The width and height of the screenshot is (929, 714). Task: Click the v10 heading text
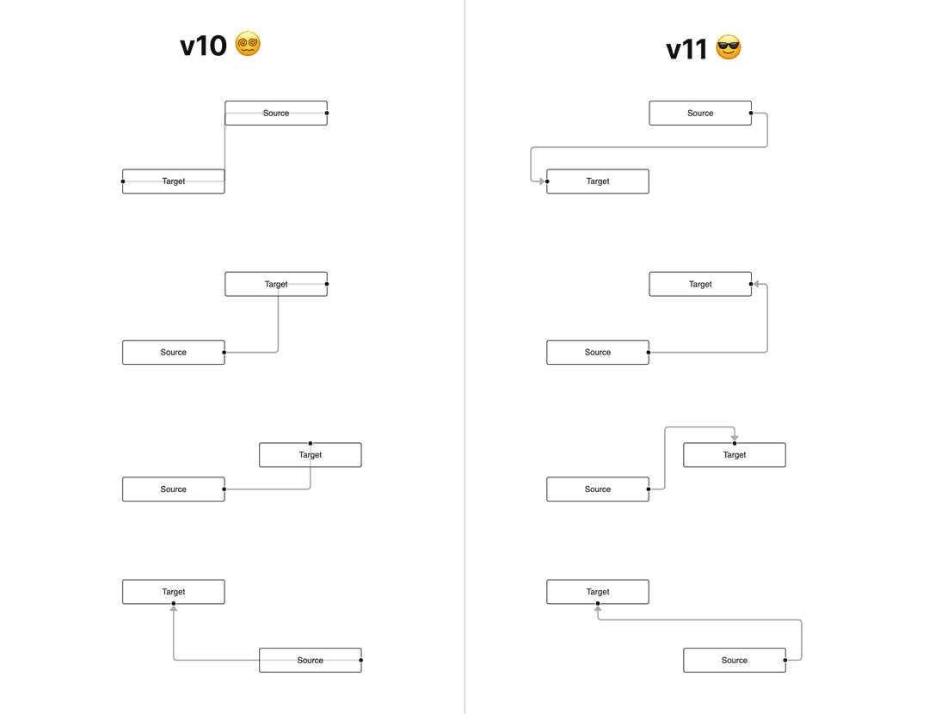coord(203,46)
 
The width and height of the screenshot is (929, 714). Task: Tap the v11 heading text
coord(686,50)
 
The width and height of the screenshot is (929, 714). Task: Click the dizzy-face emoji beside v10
coord(248,44)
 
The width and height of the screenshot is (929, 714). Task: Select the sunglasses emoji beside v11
coord(729,48)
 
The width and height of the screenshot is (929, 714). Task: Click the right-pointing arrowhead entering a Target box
coord(542,182)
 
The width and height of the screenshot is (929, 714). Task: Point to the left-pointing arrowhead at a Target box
coord(756,284)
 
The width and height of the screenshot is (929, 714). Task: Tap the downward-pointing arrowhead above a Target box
coord(735,439)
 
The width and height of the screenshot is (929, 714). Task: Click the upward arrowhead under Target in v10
coord(174,608)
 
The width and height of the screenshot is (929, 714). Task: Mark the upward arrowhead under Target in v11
coord(598,608)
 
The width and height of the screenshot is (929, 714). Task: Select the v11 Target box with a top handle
coord(735,455)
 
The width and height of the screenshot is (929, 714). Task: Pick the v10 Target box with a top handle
coord(311,455)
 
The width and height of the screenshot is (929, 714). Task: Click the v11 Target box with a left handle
coord(598,182)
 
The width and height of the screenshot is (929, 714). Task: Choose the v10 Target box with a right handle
coord(276,284)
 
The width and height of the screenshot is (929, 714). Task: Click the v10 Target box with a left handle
coord(174,182)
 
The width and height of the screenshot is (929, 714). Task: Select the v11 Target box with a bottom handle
coord(598,592)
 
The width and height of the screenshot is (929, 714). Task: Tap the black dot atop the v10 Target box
coord(311,443)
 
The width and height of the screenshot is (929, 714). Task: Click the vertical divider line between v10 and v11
coord(464,357)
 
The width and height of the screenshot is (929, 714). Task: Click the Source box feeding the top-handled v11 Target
coord(598,489)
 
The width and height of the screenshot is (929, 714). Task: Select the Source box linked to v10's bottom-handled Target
coord(311,661)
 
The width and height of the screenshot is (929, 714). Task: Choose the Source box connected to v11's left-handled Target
coord(700,113)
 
